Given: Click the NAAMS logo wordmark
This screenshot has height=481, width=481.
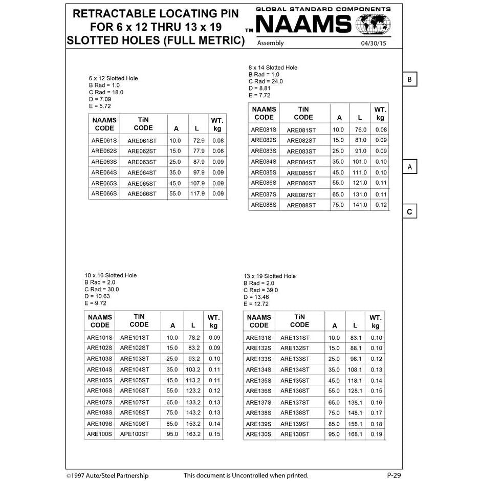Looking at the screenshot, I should coord(303,25).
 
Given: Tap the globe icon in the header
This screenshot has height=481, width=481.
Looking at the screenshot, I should coord(373,24).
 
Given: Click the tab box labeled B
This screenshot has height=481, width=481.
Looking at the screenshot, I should coord(409,80).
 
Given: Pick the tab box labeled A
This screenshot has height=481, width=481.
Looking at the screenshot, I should coord(409,167).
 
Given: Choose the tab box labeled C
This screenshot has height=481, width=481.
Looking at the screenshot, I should coord(409,212).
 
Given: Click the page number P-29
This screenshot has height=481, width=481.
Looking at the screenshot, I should coord(393,475).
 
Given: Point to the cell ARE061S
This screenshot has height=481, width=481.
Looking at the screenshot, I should coord(104,140).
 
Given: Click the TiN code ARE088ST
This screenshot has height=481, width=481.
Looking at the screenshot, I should coord(301,205).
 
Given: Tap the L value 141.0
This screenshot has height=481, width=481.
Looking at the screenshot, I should coord(360,205).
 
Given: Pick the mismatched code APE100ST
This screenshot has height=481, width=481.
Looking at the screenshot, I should coord(135,434).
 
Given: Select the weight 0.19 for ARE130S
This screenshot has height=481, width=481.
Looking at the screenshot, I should coord(376,434).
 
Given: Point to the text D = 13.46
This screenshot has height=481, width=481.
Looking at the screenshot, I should coord(256,297).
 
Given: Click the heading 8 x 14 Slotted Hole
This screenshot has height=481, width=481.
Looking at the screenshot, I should coord(273,68).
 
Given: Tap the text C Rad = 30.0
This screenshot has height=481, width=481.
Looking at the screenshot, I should coord(102,289).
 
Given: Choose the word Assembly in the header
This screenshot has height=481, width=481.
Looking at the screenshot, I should coord(270,43).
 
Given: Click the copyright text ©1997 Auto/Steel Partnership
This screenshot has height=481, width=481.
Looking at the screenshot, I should coord(107,475).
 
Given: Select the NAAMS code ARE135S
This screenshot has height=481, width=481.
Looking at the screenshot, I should coord(258,380).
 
